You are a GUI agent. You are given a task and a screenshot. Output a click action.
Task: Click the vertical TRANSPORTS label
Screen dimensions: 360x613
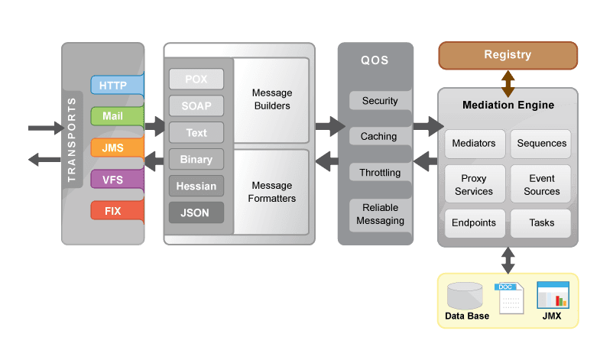click(73, 139)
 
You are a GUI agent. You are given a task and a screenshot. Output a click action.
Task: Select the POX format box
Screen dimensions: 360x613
click(196, 79)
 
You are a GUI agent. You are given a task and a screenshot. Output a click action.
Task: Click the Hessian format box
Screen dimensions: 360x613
click(196, 186)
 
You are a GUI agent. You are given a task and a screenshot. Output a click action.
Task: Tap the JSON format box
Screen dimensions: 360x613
click(196, 212)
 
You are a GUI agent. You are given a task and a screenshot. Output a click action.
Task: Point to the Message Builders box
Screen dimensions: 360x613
click(272, 99)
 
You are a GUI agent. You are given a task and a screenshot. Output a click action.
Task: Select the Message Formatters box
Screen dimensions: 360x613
click(272, 192)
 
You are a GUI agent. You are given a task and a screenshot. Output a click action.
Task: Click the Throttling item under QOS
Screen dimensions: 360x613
click(380, 173)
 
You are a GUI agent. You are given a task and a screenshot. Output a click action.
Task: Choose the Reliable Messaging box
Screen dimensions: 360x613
click(380, 214)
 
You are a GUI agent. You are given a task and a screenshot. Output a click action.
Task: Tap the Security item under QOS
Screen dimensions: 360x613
click(380, 101)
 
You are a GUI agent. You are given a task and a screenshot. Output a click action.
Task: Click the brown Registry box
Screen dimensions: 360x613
click(508, 55)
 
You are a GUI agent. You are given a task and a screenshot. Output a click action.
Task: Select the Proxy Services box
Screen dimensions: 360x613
click(474, 185)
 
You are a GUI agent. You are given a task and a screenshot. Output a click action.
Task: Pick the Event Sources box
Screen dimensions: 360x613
click(542, 185)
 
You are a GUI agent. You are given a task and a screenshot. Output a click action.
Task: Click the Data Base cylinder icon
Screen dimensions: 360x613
click(465, 296)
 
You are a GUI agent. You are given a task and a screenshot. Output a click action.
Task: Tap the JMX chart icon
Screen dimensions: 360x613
click(553, 295)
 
